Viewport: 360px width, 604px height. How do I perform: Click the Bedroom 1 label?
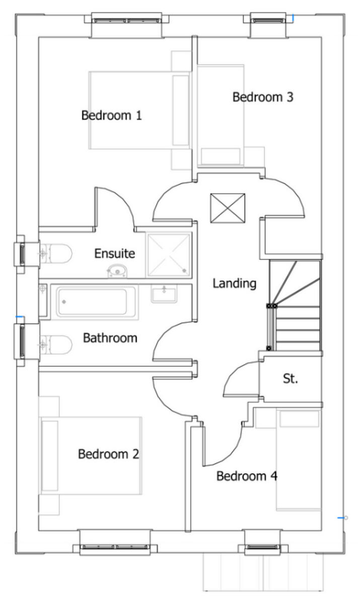[x=111, y=115]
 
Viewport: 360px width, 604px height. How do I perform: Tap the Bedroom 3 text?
[x=262, y=97]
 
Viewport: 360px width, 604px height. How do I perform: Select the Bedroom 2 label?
[x=108, y=455]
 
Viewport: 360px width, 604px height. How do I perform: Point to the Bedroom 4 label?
[x=247, y=476]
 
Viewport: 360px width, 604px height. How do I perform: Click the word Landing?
[x=234, y=283]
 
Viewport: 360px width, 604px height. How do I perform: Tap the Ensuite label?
[x=115, y=253]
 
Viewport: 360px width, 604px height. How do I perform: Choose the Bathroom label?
[x=110, y=337]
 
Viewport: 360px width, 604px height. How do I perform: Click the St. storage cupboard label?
[x=291, y=379]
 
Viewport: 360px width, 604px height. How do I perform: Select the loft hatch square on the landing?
[x=228, y=208]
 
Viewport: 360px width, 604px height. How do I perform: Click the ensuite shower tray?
[x=168, y=255]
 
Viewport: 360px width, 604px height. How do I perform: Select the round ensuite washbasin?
[x=117, y=271]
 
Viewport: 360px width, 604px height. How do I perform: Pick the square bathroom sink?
[x=164, y=293]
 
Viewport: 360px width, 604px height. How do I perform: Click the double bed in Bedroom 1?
[x=139, y=110]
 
